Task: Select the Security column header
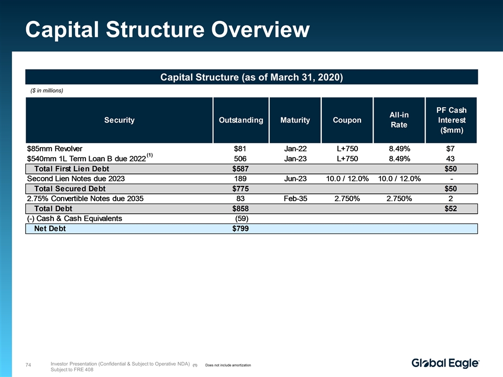coord(119,120)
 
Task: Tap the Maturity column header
coord(295,120)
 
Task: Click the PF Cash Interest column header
coord(451,120)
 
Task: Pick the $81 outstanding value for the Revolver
coord(240,148)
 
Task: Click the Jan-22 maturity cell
coord(295,148)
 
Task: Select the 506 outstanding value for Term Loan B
coord(241,159)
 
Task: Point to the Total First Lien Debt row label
coord(71,169)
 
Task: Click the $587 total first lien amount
coord(240,169)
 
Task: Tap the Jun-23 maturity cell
coord(295,179)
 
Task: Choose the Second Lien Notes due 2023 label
coord(76,179)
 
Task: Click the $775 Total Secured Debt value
coord(240,188)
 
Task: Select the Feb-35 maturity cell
coord(295,198)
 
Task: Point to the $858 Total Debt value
coord(240,208)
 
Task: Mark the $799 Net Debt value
coord(240,228)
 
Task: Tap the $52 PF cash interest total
coord(450,208)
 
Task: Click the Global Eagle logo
coord(445,363)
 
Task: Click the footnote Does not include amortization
coord(228,364)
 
